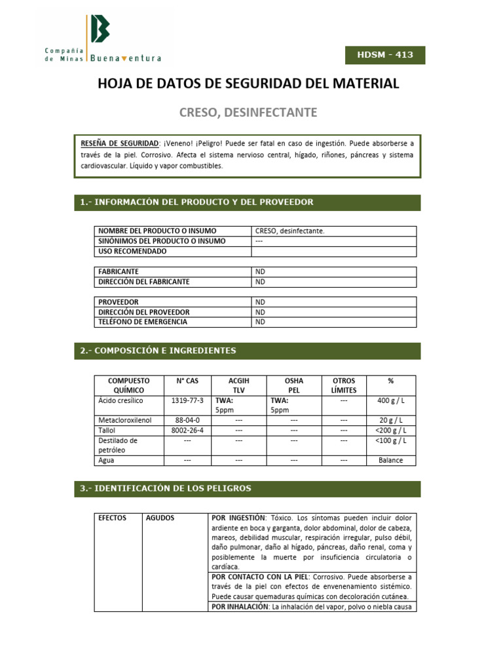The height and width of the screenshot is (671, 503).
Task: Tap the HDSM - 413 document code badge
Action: point(385,55)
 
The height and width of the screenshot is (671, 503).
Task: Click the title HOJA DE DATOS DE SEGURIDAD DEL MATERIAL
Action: point(248,84)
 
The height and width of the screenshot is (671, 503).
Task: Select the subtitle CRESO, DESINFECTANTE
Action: point(248,113)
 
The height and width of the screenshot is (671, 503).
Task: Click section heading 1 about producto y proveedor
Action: point(196,202)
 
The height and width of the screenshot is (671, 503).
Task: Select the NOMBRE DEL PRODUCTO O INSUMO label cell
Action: point(157,231)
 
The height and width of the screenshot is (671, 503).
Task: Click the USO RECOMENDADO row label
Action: point(132,251)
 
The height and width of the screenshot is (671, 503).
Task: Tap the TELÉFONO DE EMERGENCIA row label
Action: point(142,322)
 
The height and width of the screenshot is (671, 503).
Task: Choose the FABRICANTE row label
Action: point(119,271)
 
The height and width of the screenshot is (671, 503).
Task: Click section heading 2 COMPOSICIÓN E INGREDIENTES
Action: point(158,351)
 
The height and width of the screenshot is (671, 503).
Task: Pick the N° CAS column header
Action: point(187,381)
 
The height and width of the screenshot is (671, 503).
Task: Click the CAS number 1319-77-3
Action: point(187,400)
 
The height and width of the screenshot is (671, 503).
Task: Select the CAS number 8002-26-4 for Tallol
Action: point(187,431)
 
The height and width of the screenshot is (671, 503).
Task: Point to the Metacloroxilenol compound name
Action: point(125,420)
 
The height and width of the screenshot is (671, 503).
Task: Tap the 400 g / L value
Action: point(392,400)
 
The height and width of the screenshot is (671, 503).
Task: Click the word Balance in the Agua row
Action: point(392,460)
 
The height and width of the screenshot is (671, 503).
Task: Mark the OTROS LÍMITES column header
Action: point(343,385)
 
